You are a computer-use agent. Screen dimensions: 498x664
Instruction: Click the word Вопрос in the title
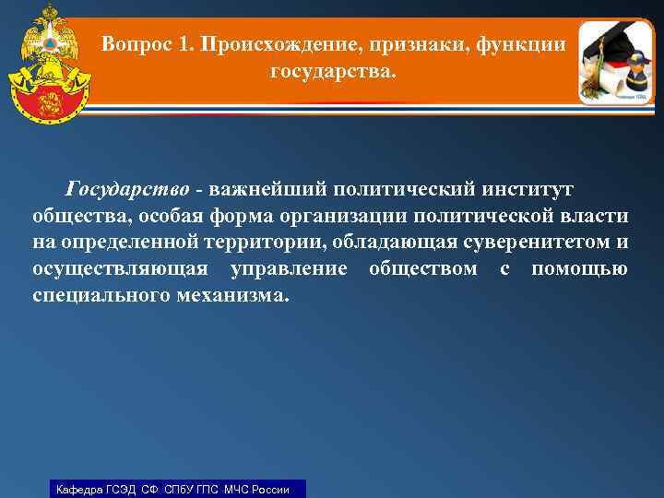tap(133, 44)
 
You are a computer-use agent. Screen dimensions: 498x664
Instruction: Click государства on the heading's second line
tap(332, 71)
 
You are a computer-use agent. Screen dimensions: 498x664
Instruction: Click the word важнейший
tap(267, 189)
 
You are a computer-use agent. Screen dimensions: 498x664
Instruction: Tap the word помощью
tap(580, 269)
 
